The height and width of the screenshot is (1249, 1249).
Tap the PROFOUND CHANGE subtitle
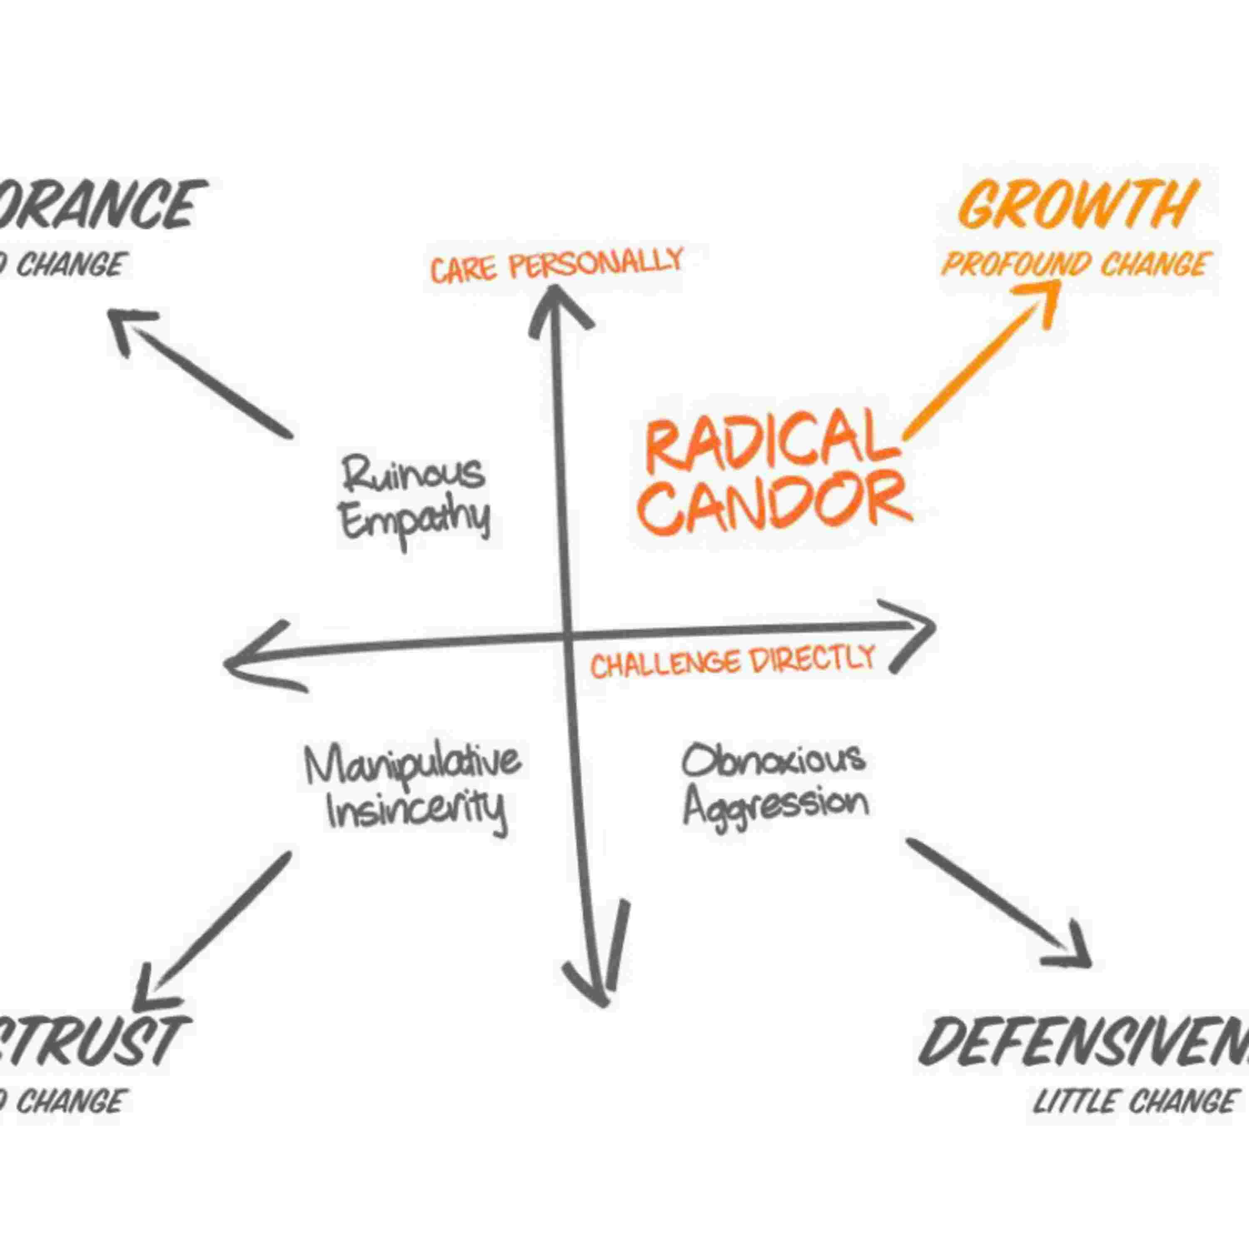(x=1075, y=265)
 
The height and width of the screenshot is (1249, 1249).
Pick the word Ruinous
(x=413, y=473)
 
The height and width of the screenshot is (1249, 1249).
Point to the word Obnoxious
(x=773, y=760)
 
